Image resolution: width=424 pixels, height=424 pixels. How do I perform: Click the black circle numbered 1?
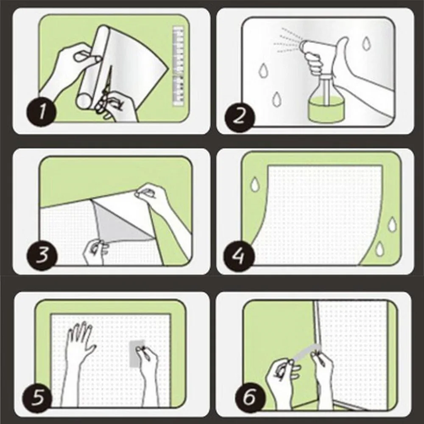click(41, 112)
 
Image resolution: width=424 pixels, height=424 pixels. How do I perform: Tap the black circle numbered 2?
click(240, 117)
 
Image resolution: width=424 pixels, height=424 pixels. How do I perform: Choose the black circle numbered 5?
click(37, 398)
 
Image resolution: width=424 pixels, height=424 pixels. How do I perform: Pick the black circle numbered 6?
click(250, 398)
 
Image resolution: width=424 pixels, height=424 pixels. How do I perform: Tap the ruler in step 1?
click(179, 67)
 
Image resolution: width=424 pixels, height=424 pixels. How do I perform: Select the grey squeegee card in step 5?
click(136, 354)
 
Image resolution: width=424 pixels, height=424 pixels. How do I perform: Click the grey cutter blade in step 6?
click(307, 351)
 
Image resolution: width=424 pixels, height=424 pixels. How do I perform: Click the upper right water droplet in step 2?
click(366, 44)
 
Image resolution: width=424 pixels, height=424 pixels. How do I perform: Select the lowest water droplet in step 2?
click(276, 99)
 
